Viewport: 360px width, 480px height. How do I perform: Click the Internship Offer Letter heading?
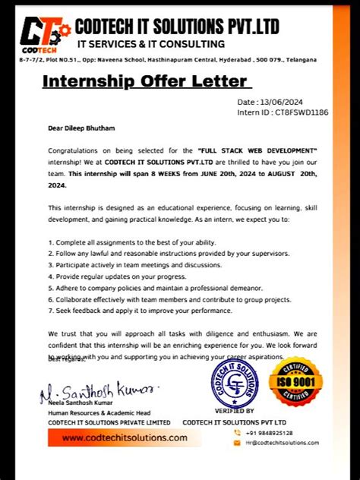[144, 81]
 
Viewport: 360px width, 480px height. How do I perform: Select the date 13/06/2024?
[283, 102]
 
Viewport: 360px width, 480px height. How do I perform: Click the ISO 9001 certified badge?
[295, 382]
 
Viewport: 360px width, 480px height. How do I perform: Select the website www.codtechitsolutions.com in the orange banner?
[125, 438]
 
